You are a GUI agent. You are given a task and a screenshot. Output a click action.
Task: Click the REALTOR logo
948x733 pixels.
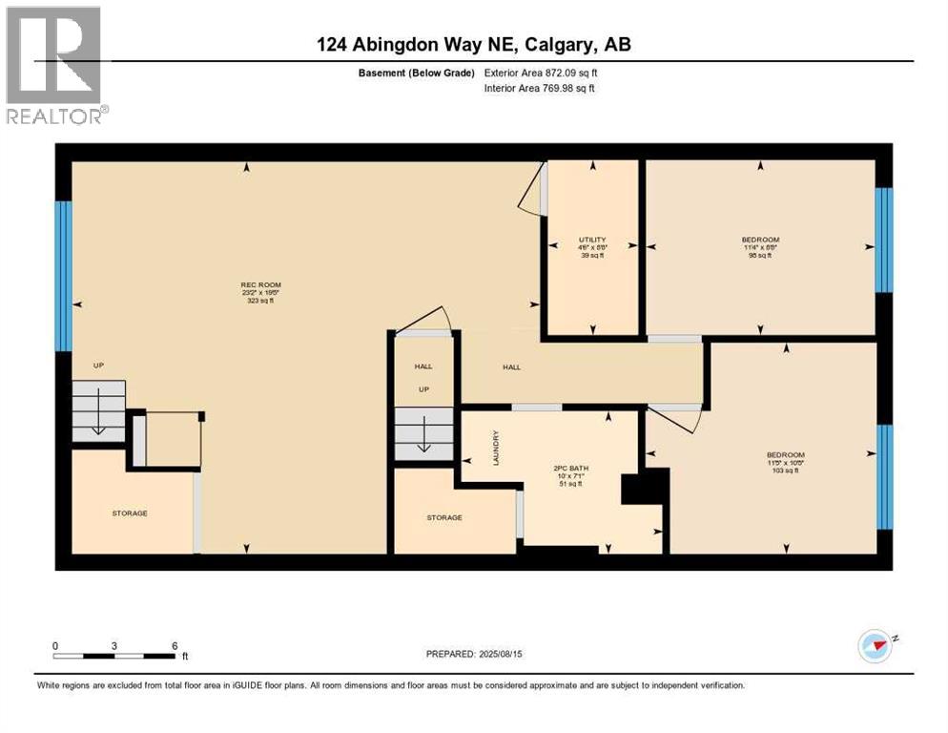pyautogui.click(x=53, y=65)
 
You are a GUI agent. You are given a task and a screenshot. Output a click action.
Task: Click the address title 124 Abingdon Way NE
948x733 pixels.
pyautogui.click(x=474, y=44)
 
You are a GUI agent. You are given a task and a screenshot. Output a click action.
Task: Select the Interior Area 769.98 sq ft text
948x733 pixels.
pyautogui.click(x=539, y=89)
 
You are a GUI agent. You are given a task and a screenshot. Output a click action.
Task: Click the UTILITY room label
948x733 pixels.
pyautogui.click(x=592, y=246)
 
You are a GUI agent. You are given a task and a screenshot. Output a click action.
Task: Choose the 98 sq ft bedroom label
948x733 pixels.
pyautogui.click(x=760, y=246)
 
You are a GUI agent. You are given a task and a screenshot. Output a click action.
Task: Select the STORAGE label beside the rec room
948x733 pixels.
pyautogui.click(x=130, y=513)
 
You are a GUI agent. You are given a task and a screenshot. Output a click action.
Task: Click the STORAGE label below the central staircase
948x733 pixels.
pyautogui.click(x=444, y=517)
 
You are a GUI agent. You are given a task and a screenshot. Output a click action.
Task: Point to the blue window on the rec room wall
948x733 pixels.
pyautogui.click(x=63, y=276)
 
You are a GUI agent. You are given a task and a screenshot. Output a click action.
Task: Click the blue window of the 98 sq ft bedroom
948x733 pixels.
pyautogui.click(x=884, y=240)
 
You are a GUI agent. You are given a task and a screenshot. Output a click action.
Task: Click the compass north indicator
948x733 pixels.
pyautogui.click(x=875, y=646)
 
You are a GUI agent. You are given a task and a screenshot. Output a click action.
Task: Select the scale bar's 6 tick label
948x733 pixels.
pyautogui.click(x=175, y=645)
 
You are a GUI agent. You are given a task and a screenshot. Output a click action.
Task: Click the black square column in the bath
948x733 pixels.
pyautogui.click(x=633, y=489)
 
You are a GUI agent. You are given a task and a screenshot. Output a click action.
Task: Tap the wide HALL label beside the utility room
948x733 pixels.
pyautogui.click(x=511, y=367)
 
